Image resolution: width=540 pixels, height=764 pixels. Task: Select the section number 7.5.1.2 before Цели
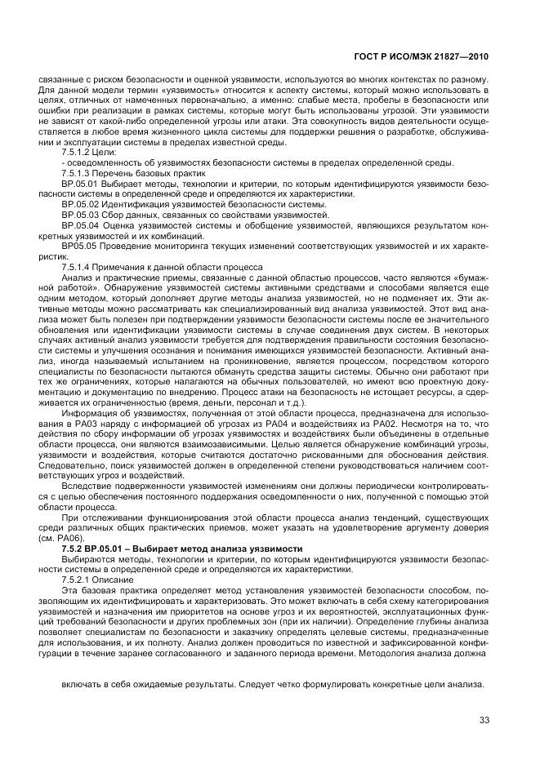click(77, 153)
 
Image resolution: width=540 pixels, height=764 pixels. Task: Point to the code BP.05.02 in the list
click(79, 204)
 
